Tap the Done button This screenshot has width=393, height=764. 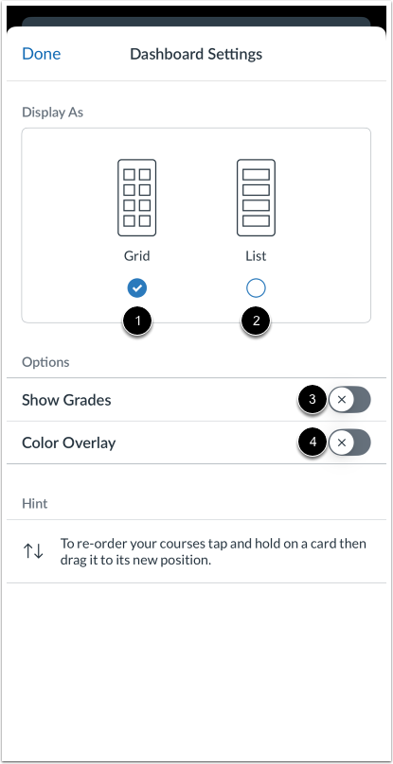tap(41, 54)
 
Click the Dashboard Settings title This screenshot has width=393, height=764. tap(196, 54)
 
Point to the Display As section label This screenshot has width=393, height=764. tap(52, 112)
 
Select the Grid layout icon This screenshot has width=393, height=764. tap(137, 198)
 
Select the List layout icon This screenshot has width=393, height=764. tap(256, 198)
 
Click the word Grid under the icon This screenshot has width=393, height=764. tap(137, 255)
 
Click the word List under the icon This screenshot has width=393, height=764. tap(256, 255)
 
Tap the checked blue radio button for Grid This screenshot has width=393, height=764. tap(137, 287)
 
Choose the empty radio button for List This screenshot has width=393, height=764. tap(256, 287)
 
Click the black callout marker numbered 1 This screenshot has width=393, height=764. tap(138, 321)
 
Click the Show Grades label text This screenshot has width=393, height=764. tap(66, 400)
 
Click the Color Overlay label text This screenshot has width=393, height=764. tap(68, 443)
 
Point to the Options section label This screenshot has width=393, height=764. tap(45, 362)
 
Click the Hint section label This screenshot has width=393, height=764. tap(35, 504)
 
